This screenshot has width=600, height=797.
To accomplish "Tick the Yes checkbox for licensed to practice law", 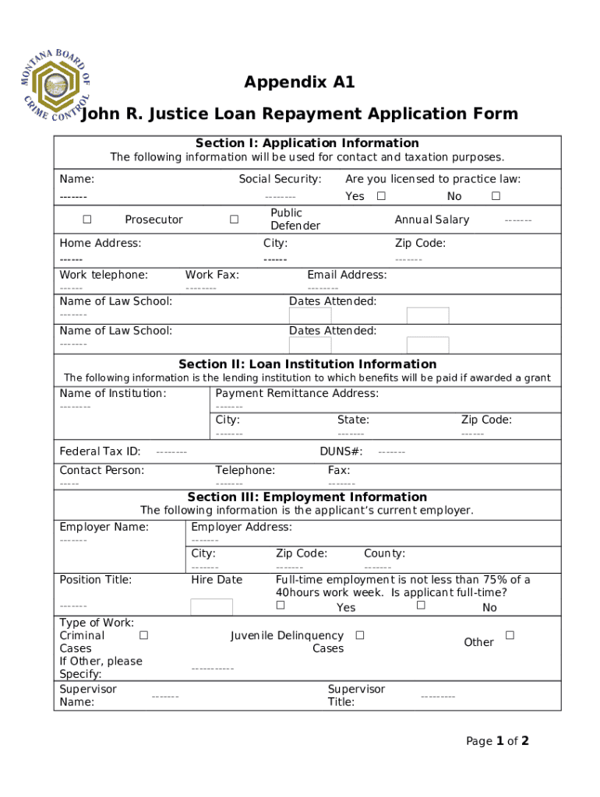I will point(381,196).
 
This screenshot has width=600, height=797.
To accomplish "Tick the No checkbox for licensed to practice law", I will point(496,196).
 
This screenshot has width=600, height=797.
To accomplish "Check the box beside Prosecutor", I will point(87,219).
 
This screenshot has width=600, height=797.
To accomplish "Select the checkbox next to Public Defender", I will point(234,219).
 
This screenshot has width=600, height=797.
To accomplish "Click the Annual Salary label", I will point(432,219).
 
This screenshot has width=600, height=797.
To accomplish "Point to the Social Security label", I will point(280,179).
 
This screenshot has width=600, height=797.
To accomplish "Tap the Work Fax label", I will point(212,275).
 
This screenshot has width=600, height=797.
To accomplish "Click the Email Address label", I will point(347,275).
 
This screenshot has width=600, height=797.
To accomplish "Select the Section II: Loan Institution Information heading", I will point(307,364).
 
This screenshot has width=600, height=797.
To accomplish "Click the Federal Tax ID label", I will point(100,451).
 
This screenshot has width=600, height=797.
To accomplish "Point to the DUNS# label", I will point(341,451).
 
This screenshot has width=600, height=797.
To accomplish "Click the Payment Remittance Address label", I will point(297,394).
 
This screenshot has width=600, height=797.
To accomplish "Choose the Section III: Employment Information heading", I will point(307,497).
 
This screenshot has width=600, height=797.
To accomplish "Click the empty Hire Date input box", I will point(211,607).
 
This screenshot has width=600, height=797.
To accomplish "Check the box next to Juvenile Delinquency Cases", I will point(359,635).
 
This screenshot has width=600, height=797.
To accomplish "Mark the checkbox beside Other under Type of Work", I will point(510,635).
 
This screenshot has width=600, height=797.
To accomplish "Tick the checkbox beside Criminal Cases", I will point(143,635).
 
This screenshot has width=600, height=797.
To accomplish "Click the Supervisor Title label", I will point(356,695).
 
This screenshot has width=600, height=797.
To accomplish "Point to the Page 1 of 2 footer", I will point(497,741).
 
